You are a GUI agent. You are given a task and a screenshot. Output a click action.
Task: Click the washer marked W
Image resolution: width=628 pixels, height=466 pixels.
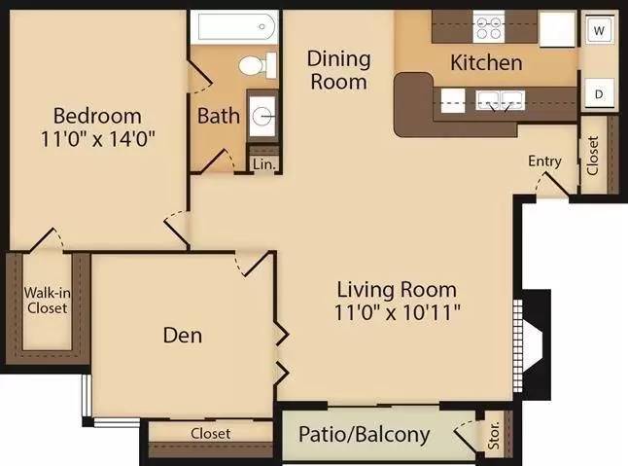click(599, 30)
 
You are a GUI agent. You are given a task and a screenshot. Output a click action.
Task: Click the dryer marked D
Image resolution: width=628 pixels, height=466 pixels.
click(599, 93)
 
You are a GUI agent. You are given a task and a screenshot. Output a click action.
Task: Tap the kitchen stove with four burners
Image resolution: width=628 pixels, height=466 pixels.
click(489, 27)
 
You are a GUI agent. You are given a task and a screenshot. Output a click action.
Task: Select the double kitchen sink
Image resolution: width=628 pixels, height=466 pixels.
click(500, 100)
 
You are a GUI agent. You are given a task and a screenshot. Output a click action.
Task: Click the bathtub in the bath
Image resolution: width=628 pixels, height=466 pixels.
click(234, 27)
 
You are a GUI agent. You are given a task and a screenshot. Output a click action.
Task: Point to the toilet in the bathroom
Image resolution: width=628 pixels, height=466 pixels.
click(258, 65)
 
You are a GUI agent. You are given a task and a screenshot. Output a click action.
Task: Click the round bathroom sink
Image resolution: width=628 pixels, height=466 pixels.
click(262, 116)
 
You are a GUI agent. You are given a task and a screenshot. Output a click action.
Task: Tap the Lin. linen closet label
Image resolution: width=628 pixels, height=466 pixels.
click(264, 164)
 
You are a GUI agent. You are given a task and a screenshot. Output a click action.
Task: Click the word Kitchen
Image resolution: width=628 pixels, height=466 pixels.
click(487, 63)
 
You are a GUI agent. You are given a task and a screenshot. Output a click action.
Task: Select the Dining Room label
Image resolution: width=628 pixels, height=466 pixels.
click(339, 70)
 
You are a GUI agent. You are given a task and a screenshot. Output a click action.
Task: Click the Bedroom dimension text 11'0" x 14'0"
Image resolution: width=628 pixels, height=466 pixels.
click(98, 139)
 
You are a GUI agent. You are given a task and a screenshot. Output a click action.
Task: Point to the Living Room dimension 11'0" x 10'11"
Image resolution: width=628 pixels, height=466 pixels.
click(398, 312)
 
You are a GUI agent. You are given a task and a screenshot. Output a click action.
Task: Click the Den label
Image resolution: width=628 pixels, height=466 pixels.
click(183, 335)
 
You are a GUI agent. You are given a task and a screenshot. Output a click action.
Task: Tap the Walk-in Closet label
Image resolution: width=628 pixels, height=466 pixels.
click(48, 301)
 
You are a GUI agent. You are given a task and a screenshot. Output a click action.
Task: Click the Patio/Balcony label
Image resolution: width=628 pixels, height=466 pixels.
click(365, 435)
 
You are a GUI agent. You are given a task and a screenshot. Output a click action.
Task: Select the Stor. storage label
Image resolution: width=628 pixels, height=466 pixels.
click(494, 435)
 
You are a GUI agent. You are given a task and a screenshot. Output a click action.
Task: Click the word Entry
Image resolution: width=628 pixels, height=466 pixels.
click(544, 161)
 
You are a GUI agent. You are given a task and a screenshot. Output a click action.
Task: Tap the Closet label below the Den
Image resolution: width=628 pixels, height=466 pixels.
click(211, 434)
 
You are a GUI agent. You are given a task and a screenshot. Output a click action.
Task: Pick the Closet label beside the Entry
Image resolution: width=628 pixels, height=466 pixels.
click(593, 156)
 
